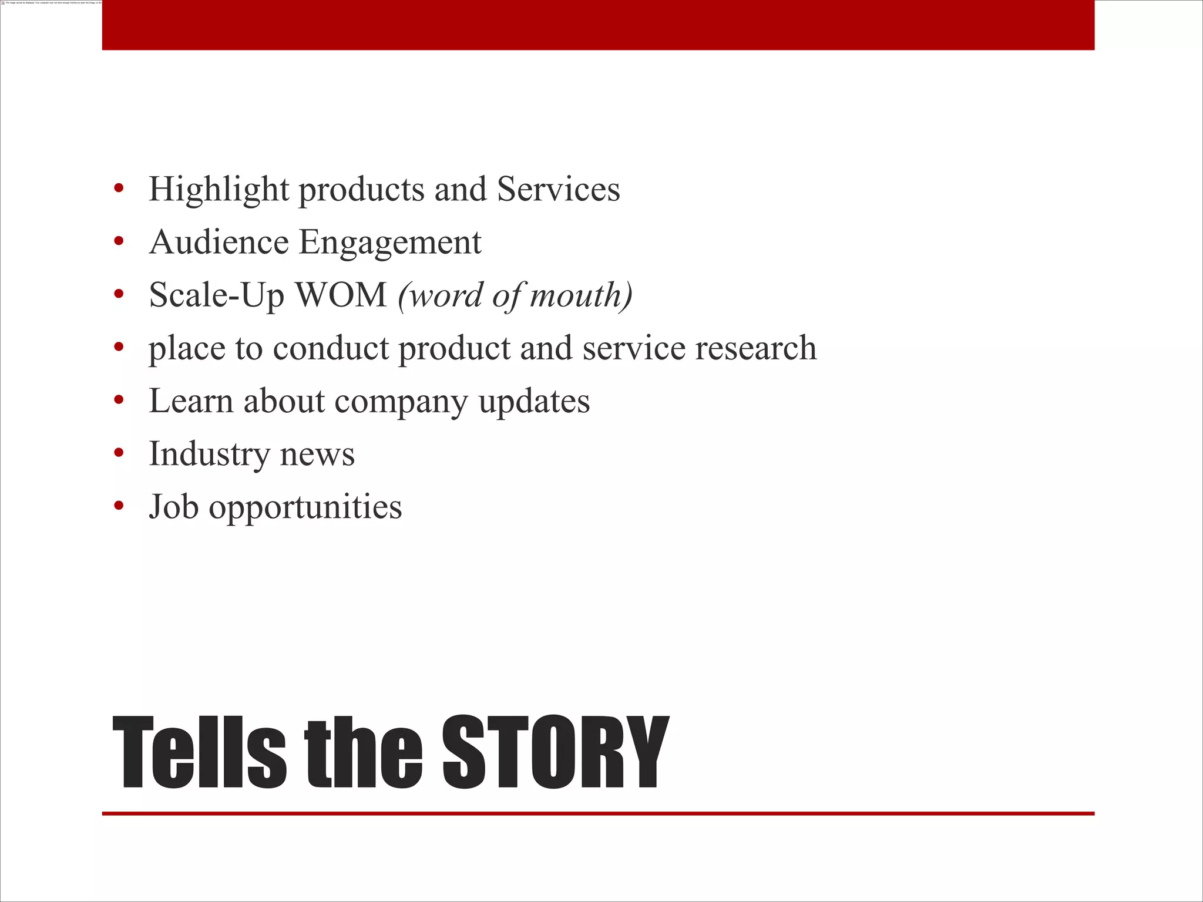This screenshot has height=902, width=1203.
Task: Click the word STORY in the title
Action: pos(555,753)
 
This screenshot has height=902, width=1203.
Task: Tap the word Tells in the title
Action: pos(200,753)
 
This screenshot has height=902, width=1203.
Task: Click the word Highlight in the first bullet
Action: pos(219,190)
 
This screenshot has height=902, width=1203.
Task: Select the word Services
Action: pos(558,189)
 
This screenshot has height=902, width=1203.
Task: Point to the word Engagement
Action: pos(390,243)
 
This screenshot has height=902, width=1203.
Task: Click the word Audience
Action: pos(219,242)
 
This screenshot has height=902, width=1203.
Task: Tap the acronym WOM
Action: pos(341,295)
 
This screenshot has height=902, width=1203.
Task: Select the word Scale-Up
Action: pos(217,296)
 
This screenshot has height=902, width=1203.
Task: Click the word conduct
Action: pos(331,348)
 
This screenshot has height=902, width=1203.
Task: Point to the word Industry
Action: pos(209,455)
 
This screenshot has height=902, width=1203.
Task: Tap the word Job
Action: pos(173,506)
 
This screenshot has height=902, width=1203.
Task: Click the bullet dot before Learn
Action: pos(119,400)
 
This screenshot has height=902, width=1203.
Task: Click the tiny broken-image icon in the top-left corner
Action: pos(3,3)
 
